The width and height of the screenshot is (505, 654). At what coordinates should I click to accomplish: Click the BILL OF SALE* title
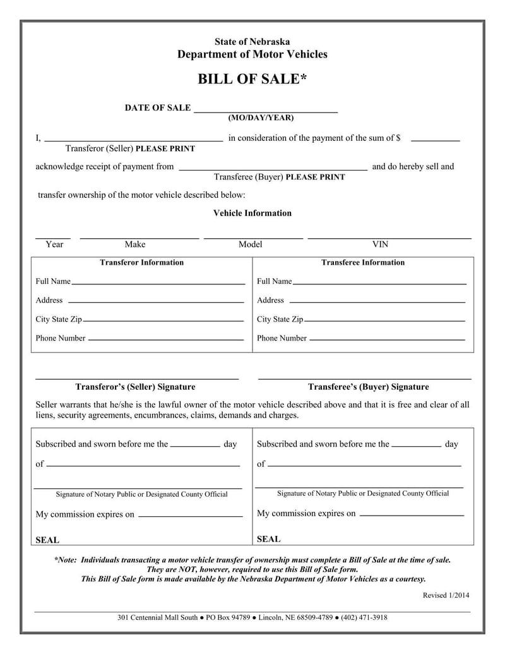(252, 79)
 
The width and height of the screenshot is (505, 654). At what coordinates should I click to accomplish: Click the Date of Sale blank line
(266, 112)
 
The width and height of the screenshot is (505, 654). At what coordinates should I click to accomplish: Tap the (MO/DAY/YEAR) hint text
(261, 118)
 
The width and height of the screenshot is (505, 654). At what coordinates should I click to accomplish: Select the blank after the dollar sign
(435, 139)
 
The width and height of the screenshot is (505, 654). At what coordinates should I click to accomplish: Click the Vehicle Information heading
(252, 213)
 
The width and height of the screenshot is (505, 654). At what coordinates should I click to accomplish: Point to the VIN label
(380, 245)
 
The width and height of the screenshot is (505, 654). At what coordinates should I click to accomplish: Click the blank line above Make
(139, 238)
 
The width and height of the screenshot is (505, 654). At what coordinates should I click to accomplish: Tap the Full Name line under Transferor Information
(158, 284)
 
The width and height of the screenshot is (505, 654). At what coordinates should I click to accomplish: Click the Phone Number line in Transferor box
(165, 341)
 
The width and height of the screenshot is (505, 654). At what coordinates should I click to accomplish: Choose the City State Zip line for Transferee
(386, 322)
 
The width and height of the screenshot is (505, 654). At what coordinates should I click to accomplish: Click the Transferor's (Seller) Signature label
(135, 387)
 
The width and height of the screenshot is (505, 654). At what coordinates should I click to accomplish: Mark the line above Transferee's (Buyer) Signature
(365, 378)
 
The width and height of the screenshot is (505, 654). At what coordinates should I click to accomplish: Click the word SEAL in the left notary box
(47, 540)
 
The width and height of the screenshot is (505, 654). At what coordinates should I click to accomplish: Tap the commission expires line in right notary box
(410, 516)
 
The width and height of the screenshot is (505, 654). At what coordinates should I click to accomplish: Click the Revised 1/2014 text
(446, 595)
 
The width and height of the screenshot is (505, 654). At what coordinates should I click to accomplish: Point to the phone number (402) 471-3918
(364, 617)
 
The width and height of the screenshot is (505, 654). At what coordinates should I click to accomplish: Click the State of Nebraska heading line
(252, 42)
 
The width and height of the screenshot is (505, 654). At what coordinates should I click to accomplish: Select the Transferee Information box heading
(363, 262)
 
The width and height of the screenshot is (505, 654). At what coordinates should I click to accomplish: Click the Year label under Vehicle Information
(54, 245)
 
